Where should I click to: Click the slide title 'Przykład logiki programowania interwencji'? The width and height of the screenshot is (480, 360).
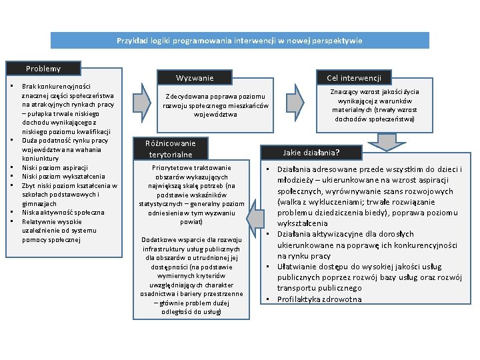point(240,41)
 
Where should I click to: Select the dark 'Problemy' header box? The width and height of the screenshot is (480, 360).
point(43,69)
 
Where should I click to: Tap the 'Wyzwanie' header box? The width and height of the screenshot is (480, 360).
point(195,78)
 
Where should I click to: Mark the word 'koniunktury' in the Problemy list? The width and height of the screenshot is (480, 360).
point(41,159)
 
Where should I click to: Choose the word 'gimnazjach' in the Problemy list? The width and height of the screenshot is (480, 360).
point(39,203)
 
